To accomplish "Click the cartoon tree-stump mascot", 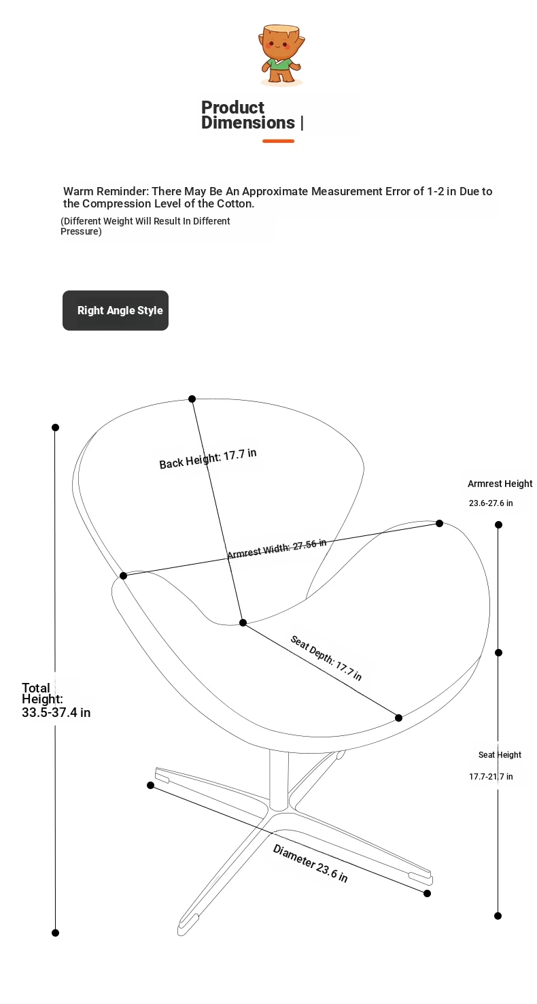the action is pos(281,54).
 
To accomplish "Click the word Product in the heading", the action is pos(232,107).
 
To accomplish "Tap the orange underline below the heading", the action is pos(278,141).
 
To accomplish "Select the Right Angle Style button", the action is pos(116,310).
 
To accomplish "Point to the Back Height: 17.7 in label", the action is pos(208,458).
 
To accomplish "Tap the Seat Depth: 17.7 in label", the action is pos(326,658).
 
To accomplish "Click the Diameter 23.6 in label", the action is pos(310,863).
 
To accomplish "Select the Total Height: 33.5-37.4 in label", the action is pos(56,700).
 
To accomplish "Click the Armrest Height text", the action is pos(500,484).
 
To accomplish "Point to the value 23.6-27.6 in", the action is pos(491,503).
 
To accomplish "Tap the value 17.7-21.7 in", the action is pos(491,776).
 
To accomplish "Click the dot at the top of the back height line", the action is pos(192,399).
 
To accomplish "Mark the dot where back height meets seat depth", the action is pos(243,622).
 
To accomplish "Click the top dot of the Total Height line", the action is pos(56,428).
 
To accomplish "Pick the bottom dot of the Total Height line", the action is pos(56,933).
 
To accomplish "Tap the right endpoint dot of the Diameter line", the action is pos(428,893).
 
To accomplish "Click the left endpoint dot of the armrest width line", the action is pos(124,576).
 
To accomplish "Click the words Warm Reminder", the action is pos(105,191).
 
